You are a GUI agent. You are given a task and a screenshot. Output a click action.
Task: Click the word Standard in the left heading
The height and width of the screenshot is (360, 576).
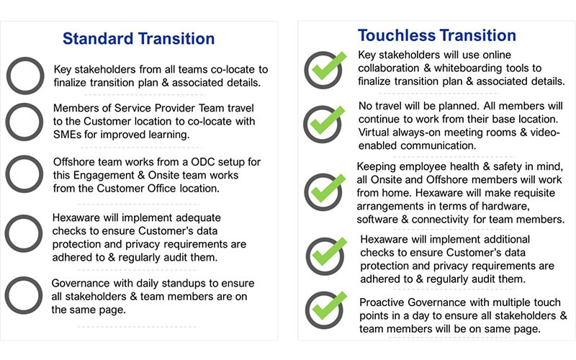click(98, 39)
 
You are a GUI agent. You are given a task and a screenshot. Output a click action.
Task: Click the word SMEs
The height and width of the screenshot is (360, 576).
click(67, 135)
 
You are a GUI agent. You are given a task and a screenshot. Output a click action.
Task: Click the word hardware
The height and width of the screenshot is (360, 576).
click(508, 207)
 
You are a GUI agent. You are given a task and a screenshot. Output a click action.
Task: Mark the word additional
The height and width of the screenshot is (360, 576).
click(507, 240)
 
